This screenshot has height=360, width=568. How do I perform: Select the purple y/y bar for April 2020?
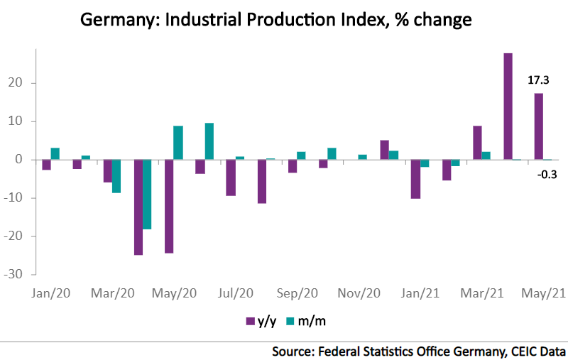[x=138, y=207]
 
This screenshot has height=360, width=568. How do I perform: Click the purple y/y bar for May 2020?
[x=169, y=206]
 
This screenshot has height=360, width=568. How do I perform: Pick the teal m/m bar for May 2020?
[x=178, y=143]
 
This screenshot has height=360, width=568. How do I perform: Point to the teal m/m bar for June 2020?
[x=209, y=141]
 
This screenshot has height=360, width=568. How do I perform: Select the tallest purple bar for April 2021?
[x=508, y=107]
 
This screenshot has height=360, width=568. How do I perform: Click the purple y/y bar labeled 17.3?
[x=539, y=126]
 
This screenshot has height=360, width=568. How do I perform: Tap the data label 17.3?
[x=537, y=80]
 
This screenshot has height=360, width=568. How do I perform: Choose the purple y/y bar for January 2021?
[x=415, y=179]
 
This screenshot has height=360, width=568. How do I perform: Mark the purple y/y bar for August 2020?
[x=261, y=182]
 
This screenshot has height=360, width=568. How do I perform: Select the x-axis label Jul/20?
[x=236, y=293]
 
